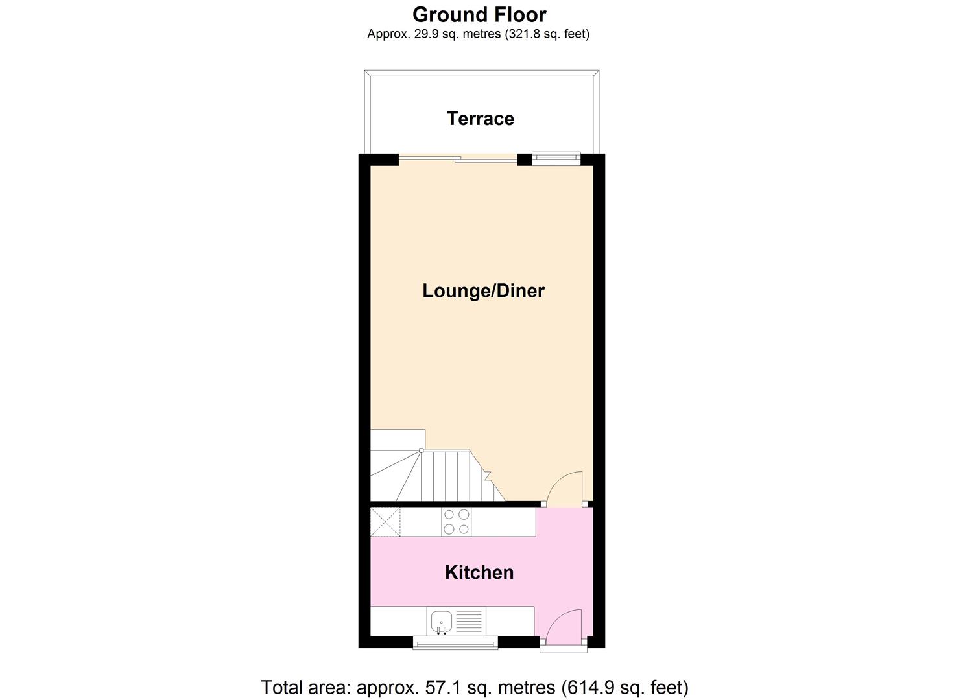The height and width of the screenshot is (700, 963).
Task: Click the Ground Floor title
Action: (x=479, y=14)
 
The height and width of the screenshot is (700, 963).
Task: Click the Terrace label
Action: (x=480, y=119)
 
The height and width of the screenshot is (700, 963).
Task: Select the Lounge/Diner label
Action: (x=483, y=290)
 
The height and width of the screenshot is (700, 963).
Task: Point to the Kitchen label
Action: (x=479, y=572)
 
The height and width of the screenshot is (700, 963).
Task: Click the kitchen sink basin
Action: (x=442, y=621)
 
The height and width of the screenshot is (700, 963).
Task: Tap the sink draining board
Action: (x=470, y=622)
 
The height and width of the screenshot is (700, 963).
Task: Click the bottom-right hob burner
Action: (x=464, y=529)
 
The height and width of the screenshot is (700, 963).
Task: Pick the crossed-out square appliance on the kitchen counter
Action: (x=385, y=522)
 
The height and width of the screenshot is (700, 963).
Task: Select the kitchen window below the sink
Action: (x=455, y=643)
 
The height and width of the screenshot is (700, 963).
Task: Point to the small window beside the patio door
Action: (x=556, y=157)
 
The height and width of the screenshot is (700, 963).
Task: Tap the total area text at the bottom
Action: (x=474, y=687)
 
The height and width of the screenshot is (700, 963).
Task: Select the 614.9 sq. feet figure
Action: (x=624, y=687)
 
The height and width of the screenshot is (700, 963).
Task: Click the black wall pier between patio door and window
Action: (x=524, y=159)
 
